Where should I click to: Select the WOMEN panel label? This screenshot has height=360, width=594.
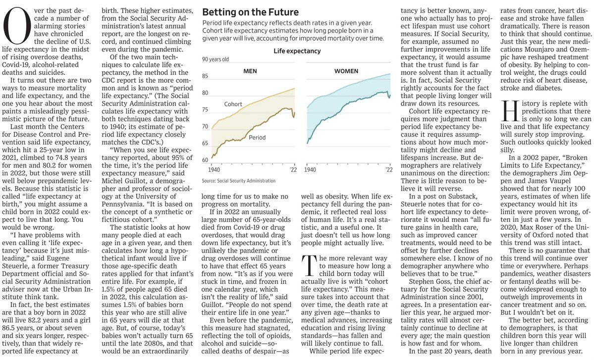(x=346, y=71)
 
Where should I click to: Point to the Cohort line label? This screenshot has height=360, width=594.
(x=233, y=104)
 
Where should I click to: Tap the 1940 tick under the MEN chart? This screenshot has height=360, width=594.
(x=214, y=169)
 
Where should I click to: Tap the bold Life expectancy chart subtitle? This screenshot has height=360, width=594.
(x=297, y=51)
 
